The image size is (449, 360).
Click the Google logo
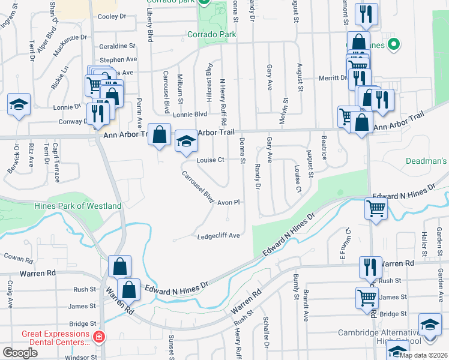click(20, 353)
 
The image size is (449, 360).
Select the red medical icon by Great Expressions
click(99, 338)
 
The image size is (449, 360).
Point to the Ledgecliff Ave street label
click(218, 236)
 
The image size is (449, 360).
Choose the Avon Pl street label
click(229, 203)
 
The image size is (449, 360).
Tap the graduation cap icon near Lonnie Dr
click(19, 105)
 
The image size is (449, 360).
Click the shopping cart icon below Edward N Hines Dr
click(376, 209)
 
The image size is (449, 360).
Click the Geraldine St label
click(118, 46)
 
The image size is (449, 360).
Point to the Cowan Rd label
click(17, 258)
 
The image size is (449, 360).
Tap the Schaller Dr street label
click(265, 338)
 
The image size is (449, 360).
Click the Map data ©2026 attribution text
click(423, 355)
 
